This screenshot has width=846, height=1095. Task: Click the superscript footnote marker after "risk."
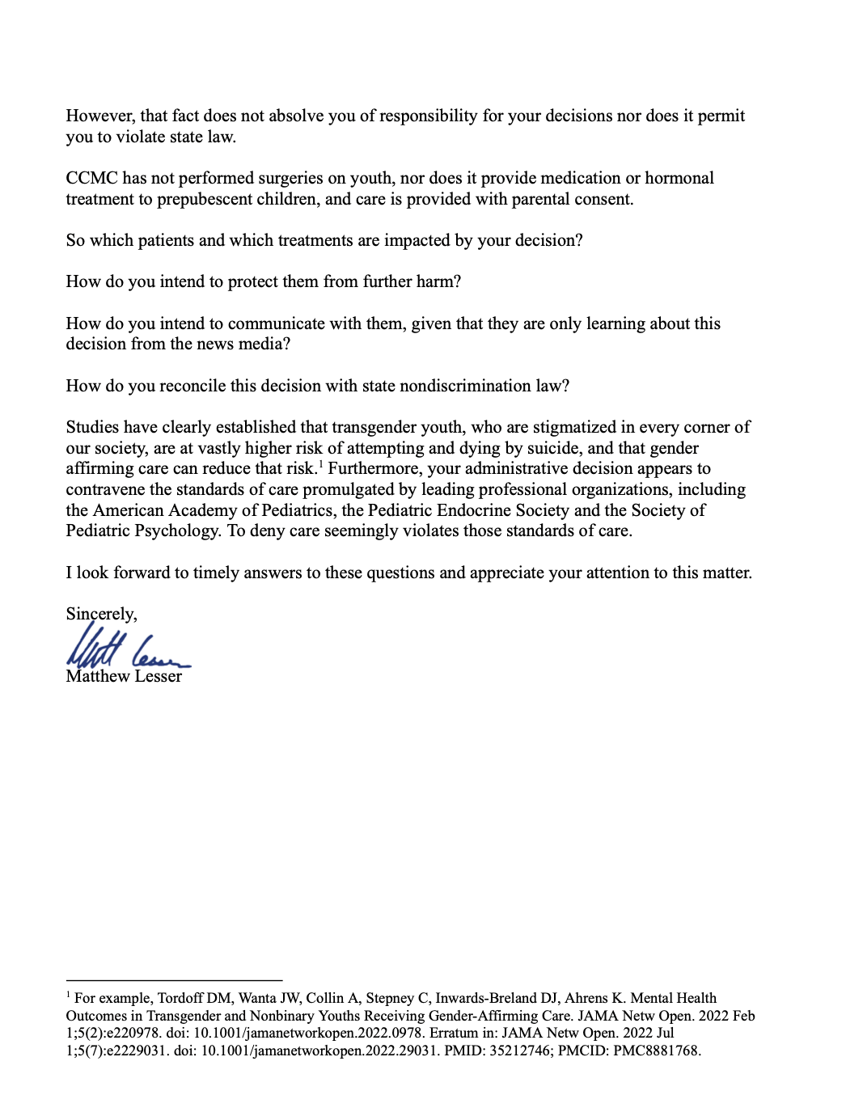[321, 464]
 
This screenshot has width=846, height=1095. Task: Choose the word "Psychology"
[177, 531]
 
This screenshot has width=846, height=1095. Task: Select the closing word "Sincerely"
[101, 614]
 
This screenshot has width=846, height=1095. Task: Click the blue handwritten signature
[127, 651]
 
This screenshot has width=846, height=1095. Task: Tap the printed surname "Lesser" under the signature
[159, 676]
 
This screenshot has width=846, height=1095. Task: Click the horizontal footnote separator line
[174, 979]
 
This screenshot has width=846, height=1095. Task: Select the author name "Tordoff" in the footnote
[182, 998]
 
